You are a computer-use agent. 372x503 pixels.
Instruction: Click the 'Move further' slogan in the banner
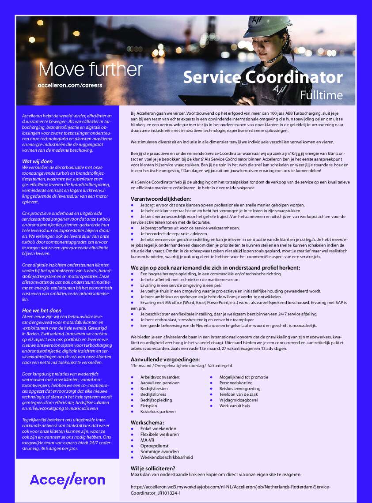coord(91,69)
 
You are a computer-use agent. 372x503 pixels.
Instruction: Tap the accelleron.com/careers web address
coord(70,85)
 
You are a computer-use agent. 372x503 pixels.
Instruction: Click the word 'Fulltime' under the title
coord(321,95)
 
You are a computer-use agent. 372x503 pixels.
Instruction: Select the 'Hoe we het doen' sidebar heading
coord(42,310)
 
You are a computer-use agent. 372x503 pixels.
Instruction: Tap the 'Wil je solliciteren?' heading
coord(153,468)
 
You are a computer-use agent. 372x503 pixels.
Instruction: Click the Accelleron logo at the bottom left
coord(68,480)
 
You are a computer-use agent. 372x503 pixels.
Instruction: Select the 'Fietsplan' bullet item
coord(149,405)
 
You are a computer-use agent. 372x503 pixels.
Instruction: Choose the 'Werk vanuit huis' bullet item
coord(235,405)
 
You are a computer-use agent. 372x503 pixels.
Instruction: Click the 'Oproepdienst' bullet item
coord(152,446)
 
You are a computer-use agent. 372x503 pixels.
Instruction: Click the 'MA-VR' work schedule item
coord(147,440)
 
